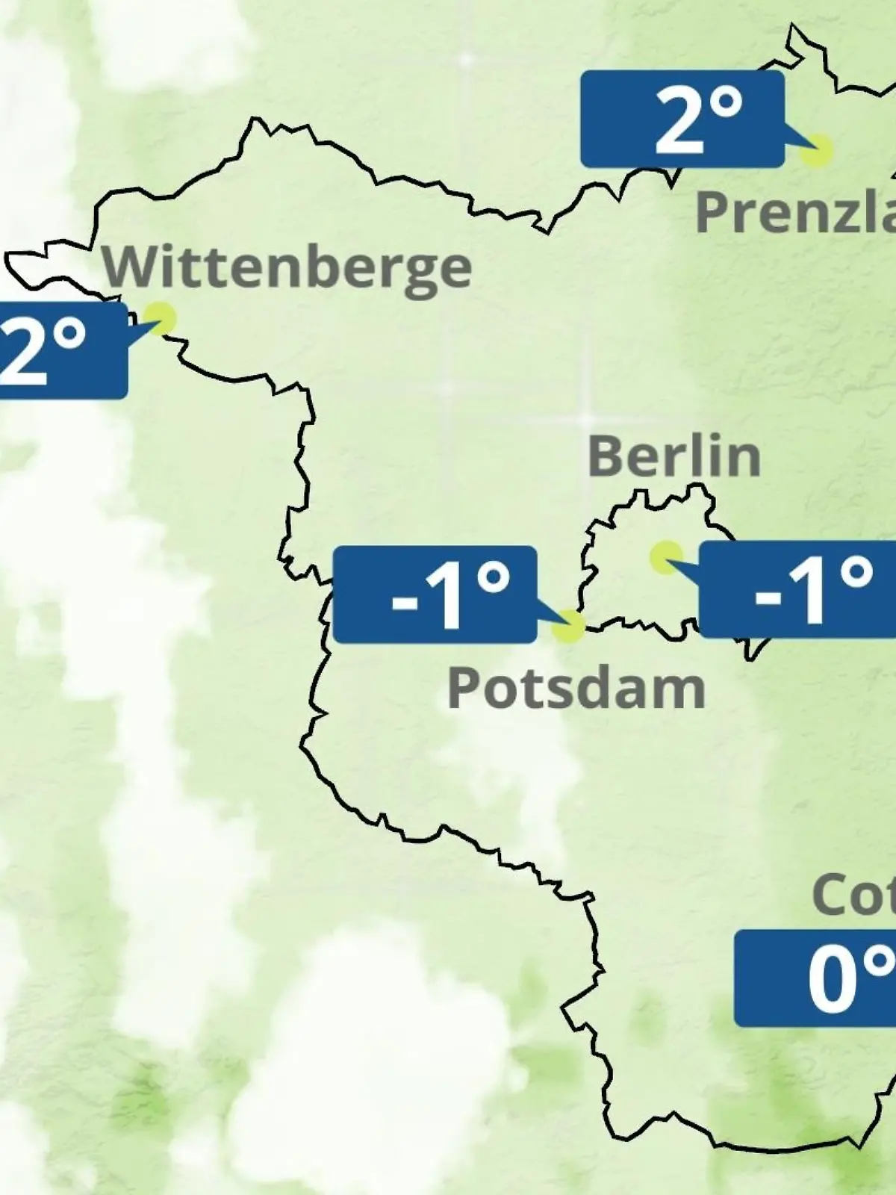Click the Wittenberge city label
(287, 267)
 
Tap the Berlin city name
(673, 456)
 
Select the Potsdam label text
(576, 688)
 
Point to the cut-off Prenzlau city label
(795, 212)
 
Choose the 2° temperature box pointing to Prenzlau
(682, 119)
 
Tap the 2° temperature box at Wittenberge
(60, 350)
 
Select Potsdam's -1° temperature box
(435, 595)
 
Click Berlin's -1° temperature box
(797, 590)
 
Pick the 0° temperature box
(815, 978)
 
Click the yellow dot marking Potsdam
(569, 626)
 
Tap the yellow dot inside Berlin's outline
(665, 556)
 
